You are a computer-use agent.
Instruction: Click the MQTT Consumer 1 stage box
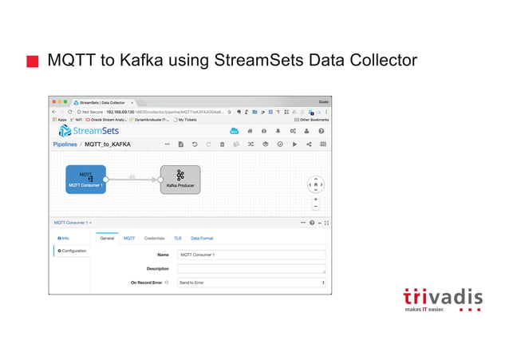pos(85,179)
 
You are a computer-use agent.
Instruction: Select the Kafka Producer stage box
pos(180,179)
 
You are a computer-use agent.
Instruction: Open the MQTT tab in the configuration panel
pos(129,238)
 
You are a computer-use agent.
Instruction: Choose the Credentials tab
pos(155,238)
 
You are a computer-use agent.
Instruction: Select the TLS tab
pos(178,238)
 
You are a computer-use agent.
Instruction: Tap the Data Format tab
pos(202,238)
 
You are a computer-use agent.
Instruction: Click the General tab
pos(107,238)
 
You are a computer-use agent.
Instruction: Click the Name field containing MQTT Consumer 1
pos(251,255)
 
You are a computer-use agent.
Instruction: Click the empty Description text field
pos(251,268)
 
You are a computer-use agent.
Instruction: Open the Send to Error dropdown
pos(251,282)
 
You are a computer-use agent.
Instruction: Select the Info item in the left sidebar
pos(65,238)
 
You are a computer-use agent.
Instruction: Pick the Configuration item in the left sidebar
pos(72,251)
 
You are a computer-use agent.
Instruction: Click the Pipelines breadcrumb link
pos(65,144)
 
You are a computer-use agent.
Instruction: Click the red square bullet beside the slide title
pos(32,61)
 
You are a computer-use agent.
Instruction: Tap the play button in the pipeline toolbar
pos(294,144)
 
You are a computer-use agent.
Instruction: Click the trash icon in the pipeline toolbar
pos(223,144)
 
